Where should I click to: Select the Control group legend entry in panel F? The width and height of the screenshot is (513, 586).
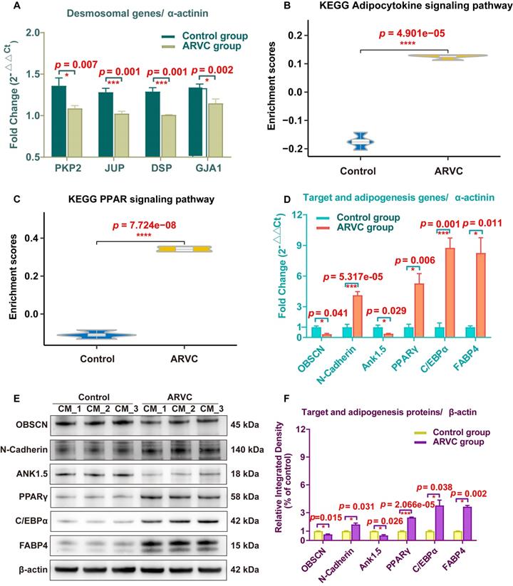[443, 432]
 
